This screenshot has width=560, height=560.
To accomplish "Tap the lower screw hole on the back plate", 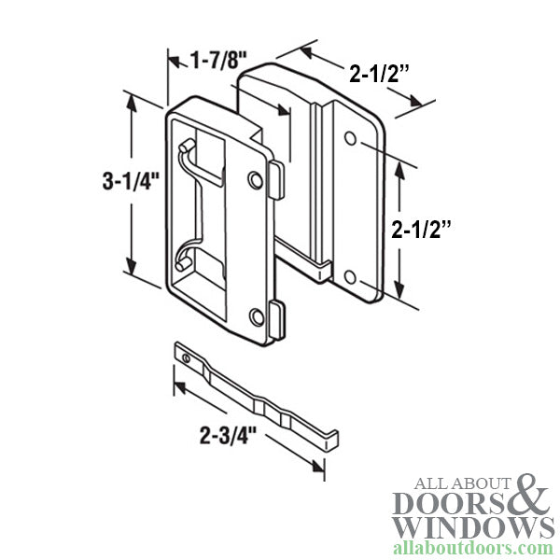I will [349, 278].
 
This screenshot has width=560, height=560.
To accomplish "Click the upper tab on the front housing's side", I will [276, 176].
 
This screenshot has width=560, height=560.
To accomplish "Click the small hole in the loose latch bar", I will [188, 357].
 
